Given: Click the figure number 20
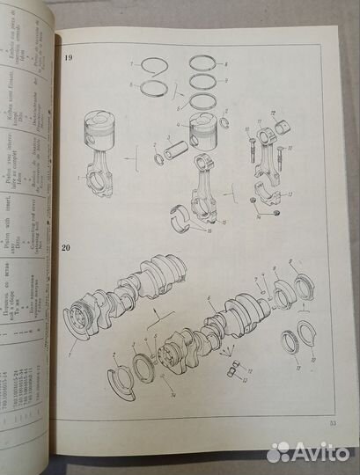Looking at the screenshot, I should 69,249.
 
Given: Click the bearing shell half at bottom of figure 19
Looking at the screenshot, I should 189,216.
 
